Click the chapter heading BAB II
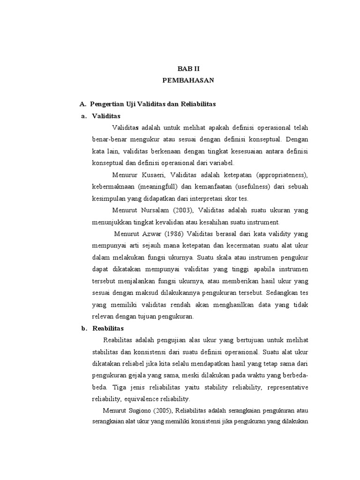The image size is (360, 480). [x=188, y=68]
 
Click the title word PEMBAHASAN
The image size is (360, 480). [x=188, y=80]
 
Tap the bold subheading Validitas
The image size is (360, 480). [x=106, y=116]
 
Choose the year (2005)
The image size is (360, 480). [x=165, y=411]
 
